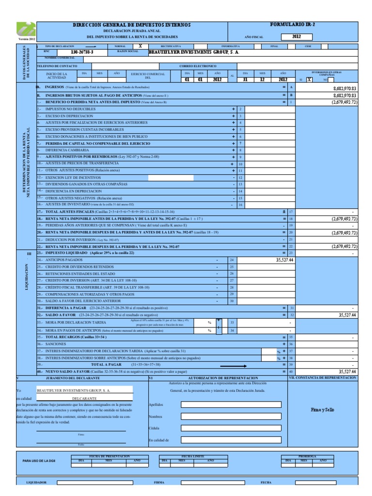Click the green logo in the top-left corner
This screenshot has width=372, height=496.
pos(26,29)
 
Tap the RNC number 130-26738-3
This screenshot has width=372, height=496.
pos(82,51)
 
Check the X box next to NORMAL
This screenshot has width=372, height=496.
pos(140,46)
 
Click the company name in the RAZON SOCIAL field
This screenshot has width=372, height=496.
pos(193,51)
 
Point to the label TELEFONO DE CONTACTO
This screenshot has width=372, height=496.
pos(57,66)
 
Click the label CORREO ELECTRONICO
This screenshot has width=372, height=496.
pos(198,66)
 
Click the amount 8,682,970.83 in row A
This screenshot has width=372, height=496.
pos(344,89)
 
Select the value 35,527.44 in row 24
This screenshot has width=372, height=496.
pos(281,260)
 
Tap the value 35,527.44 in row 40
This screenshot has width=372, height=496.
pos(347,372)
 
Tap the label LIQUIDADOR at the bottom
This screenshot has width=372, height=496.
pos(36,482)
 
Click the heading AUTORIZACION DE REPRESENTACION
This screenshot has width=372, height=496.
pos(222,377)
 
